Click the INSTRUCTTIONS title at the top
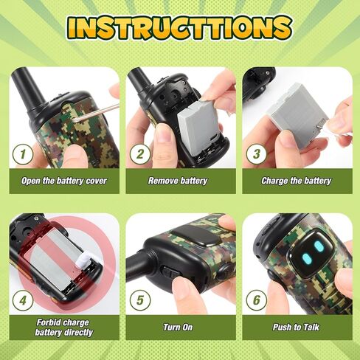coord(179,27)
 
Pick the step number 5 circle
coord(139,301)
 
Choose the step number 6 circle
coord(255,301)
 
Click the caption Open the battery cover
coord(64,181)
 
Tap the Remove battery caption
coord(178,181)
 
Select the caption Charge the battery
coord(296,181)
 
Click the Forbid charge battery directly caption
coord(64,327)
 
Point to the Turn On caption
coord(178,327)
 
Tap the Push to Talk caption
coord(296,327)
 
